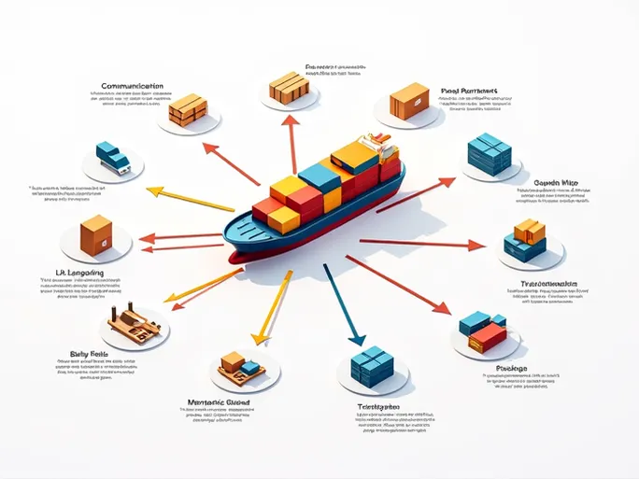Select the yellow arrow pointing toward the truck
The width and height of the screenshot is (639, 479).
click(192, 198)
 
